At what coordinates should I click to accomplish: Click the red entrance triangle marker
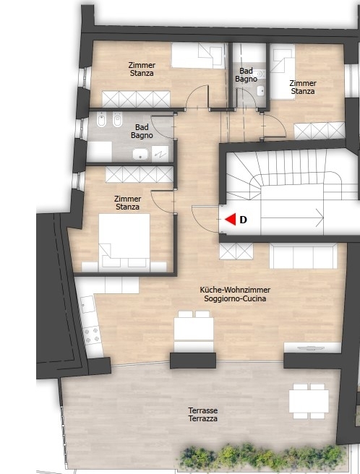[x=231, y=220]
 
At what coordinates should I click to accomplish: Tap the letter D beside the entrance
[x=243, y=220]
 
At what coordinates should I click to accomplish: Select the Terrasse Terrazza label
[x=202, y=415]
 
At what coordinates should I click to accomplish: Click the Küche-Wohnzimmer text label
[x=235, y=290]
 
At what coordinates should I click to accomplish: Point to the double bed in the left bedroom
[x=124, y=241]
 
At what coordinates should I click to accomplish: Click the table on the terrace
[x=309, y=402]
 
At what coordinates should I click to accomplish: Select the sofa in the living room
[x=303, y=256]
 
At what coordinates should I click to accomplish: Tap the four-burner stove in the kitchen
[x=93, y=335]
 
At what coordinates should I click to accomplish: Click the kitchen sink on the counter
[x=88, y=304]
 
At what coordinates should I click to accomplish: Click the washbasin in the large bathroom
[x=140, y=154]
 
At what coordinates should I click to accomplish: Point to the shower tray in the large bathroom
[x=160, y=154]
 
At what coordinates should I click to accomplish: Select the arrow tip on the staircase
[x=323, y=217]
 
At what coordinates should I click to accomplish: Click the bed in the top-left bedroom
[x=199, y=56]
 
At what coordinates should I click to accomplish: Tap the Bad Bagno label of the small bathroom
[x=246, y=75]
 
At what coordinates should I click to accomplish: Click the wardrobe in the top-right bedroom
[x=320, y=130]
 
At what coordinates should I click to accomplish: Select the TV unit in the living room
[x=312, y=348]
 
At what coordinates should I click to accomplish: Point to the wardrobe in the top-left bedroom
[x=136, y=98]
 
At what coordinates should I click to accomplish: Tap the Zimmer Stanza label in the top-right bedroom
[x=303, y=87]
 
